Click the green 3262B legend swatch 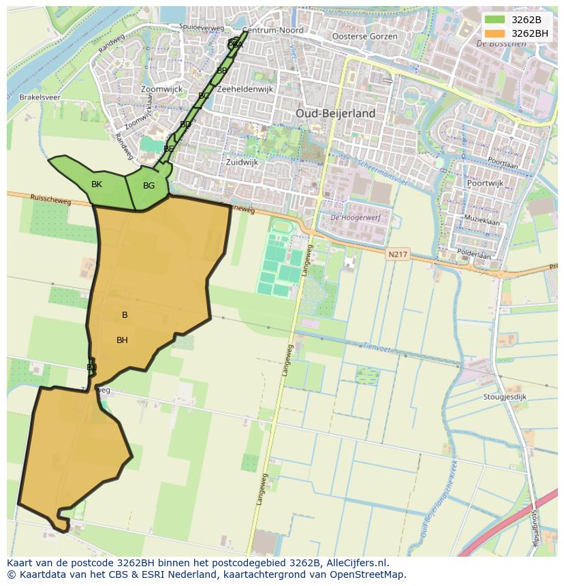click(495, 20)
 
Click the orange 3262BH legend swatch click(495, 33)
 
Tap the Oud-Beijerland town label click(335, 113)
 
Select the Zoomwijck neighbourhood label click(161, 89)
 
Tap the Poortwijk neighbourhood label click(484, 183)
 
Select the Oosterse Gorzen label click(364, 36)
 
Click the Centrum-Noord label click(273, 31)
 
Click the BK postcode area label click(97, 184)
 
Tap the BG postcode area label click(148, 186)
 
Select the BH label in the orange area click(122, 340)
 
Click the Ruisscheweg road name click(50, 198)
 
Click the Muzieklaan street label click(482, 222)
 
